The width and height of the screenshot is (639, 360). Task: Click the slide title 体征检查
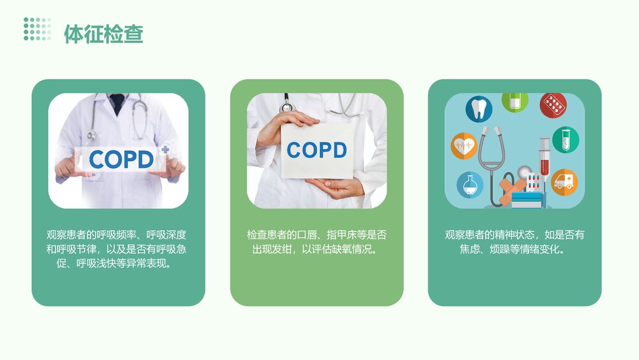click(x=104, y=33)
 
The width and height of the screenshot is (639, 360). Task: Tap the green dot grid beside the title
click(x=37, y=29)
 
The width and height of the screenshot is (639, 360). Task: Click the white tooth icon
click(x=479, y=108)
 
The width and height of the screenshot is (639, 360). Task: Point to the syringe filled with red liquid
click(x=544, y=157)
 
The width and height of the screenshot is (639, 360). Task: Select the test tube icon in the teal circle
click(x=565, y=139)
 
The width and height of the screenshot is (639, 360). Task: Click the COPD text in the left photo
click(x=121, y=159)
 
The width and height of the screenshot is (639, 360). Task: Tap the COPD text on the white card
click(x=316, y=150)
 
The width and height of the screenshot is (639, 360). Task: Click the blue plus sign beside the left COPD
click(x=166, y=149)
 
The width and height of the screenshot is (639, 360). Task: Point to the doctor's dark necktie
click(x=117, y=103)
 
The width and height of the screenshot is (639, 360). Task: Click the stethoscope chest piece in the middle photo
click(x=286, y=107)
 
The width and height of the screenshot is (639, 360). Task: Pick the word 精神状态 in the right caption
click(x=514, y=235)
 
